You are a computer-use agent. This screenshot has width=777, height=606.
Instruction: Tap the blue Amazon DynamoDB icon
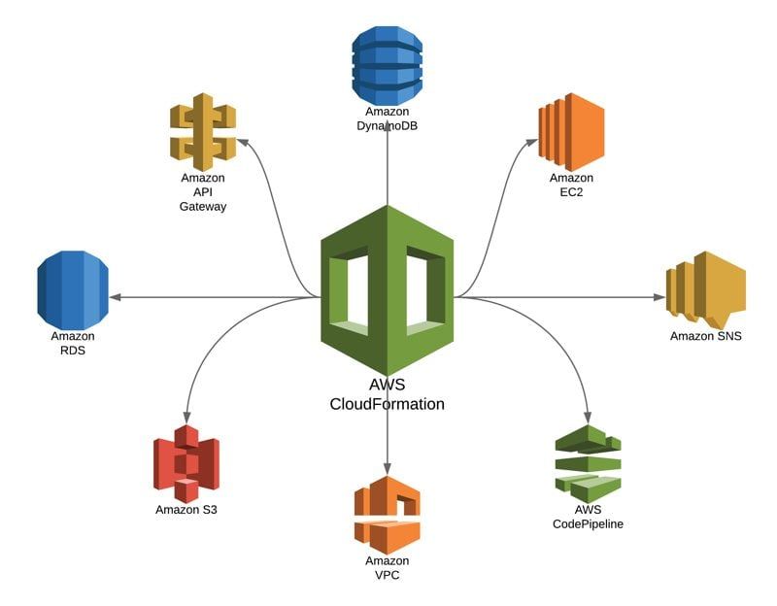click(388, 65)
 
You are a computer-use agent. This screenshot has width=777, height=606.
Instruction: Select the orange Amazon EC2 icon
click(571, 131)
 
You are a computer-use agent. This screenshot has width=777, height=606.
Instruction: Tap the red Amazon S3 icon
click(186, 463)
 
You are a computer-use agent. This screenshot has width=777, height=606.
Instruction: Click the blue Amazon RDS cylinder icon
click(73, 288)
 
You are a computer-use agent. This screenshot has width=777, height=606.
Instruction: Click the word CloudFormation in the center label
click(388, 403)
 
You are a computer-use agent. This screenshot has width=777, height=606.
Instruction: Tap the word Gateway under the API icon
click(203, 206)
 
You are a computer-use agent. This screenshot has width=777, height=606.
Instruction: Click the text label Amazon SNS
click(705, 336)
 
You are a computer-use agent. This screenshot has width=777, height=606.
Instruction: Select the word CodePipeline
click(588, 523)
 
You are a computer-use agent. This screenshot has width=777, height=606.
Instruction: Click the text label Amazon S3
click(186, 510)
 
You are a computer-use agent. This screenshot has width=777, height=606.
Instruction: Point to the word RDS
click(73, 350)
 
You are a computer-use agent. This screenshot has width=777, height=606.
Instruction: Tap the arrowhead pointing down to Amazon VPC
click(388, 468)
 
